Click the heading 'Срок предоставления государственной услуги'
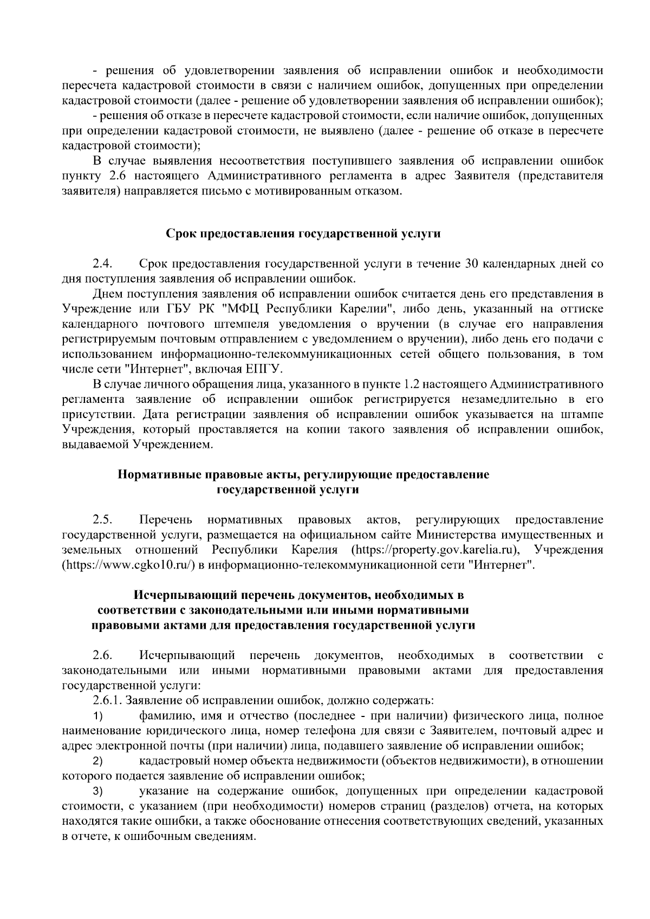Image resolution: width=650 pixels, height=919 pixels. [x=303, y=234]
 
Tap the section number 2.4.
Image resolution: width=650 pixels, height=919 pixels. [x=102, y=264]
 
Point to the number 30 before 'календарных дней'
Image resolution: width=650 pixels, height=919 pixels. [x=471, y=264]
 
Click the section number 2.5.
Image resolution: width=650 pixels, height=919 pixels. [x=102, y=520]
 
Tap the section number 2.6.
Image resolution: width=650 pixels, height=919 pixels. [x=102, y=655]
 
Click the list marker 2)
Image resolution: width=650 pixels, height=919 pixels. [x=97, y=761]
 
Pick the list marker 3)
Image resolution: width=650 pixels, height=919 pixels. [x=97, y=791]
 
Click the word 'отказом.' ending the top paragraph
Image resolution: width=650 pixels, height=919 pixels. [x=381, y=191]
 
